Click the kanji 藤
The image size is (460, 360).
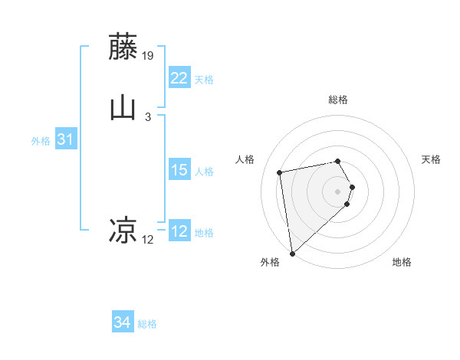123,47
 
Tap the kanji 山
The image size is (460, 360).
123,108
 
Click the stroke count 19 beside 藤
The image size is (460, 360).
149,56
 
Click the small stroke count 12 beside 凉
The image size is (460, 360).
148,240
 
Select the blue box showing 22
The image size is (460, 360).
179,78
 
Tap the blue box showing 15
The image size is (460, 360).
179,170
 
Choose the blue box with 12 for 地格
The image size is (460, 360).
179,231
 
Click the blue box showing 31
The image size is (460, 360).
66,139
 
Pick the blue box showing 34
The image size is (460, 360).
123,322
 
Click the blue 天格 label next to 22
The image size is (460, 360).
204,80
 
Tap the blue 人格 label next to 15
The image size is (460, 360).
204,172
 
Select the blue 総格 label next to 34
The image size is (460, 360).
147,324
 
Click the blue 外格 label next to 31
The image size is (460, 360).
41,141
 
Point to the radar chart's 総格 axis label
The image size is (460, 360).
338,100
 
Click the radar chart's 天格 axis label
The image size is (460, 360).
432,159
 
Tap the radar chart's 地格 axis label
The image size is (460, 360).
402,262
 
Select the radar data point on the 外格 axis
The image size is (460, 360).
292,253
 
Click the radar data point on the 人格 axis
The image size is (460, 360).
280,172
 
